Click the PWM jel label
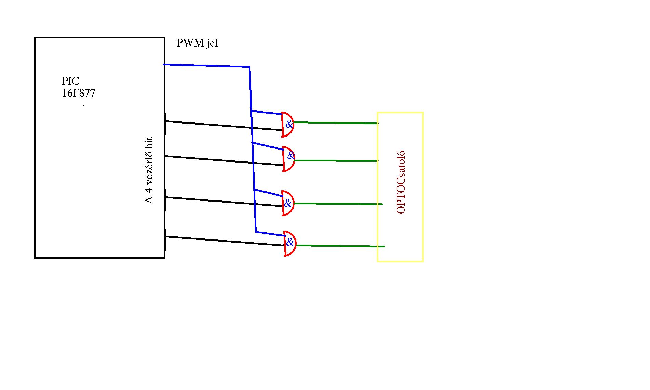(x=197, y=43)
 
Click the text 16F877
(x=78, y=93)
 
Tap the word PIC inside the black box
(x=70, y=81)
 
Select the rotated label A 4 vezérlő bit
(x=149, y=170)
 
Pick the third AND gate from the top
(x=288, y=203)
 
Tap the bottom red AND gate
(x=290, y=244)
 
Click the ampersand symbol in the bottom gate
(x=290, y=243)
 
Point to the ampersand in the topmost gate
(x=289, y=124)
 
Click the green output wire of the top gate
(x=335, y=122)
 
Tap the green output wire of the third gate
(x=338, y=204)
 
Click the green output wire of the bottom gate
(x=340, y=246)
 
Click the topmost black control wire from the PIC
(x=222, y=125)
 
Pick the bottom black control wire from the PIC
(x=222, y=241)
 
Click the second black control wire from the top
(x=222, y=160)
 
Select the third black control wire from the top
(x=222, y=201)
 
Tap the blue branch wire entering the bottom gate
(x=270, y=234)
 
